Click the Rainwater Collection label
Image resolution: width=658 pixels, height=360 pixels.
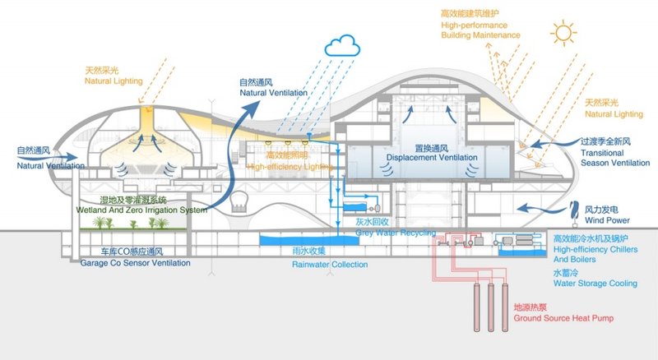point(330,260)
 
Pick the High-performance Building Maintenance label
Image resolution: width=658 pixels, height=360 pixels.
point(480,25)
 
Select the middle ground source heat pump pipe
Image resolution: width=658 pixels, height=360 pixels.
point(491,304)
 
